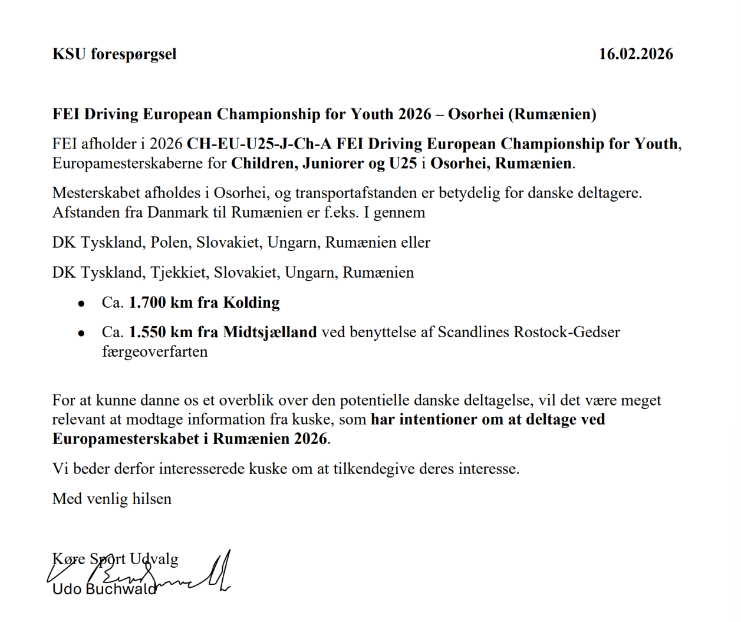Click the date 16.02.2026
click(635, 54)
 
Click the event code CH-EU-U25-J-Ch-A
click(259, 144)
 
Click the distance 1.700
click(147, 302)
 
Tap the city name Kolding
click(251, 302)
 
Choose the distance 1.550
click(147, 333)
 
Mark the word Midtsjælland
click(269, 333)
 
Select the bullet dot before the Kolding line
click(81, 304)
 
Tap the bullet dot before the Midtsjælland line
click(81, 334)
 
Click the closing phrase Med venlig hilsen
click(112, 499)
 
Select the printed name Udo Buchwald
click(104, 589)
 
